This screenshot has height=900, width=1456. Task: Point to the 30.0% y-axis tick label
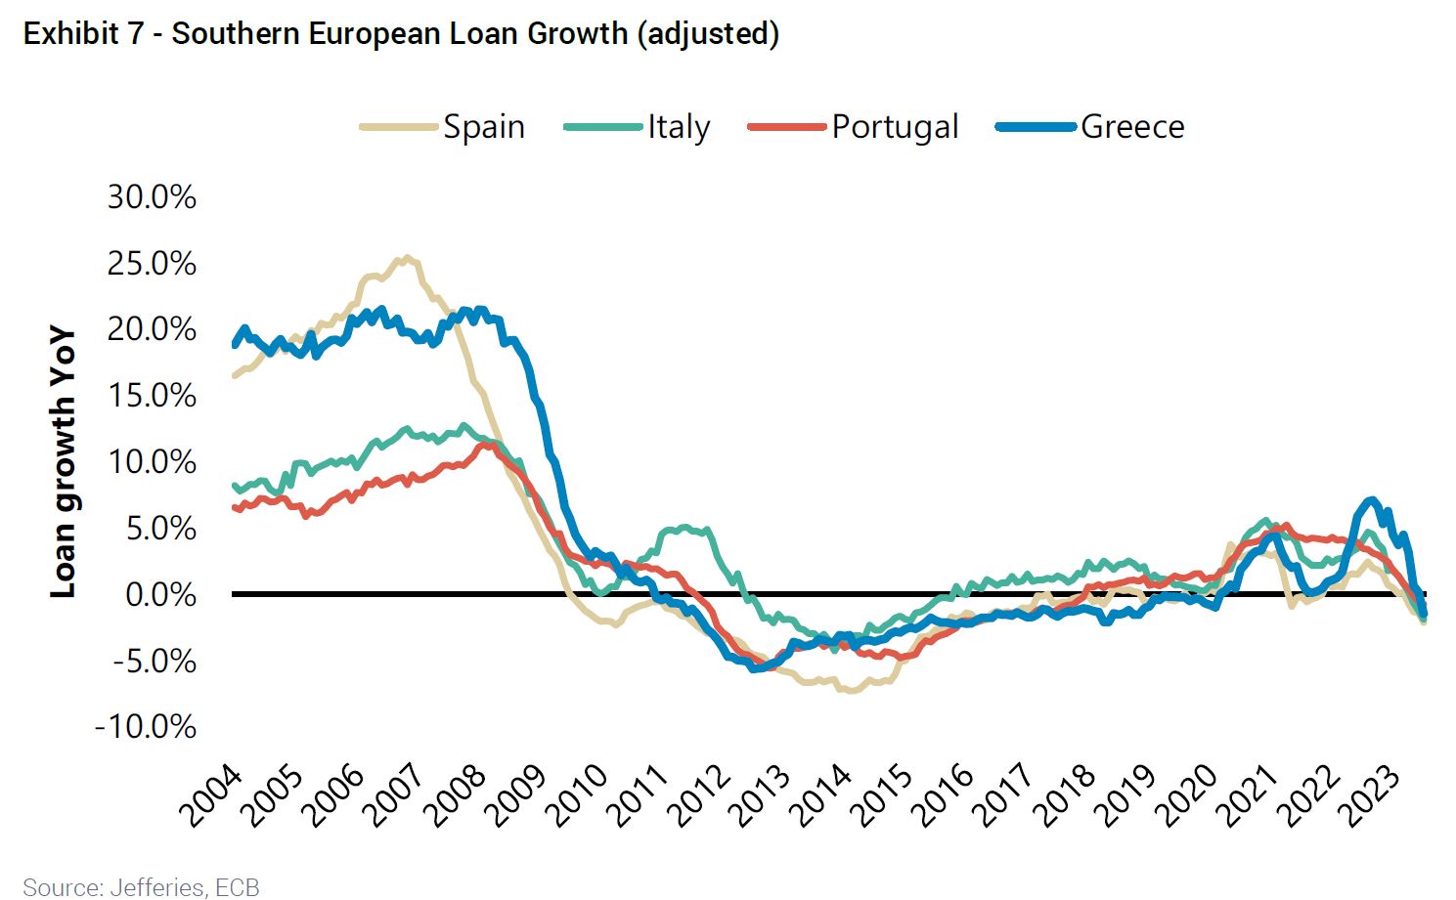pos(152,196)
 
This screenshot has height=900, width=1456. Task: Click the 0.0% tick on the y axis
pos(160,594)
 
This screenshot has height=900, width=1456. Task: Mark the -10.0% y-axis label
pos(146,727)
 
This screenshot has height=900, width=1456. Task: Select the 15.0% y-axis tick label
pos(152,396)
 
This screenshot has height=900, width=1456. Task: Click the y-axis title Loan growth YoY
pos(63,461)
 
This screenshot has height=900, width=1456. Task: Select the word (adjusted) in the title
pos(707,33)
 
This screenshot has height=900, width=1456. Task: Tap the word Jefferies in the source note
pos(157,887)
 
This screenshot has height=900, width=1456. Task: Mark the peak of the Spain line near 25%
pos(406,259)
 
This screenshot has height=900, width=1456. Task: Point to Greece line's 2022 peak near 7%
pos(1371,501)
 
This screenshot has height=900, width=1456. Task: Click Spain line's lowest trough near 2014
pos(852,690)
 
